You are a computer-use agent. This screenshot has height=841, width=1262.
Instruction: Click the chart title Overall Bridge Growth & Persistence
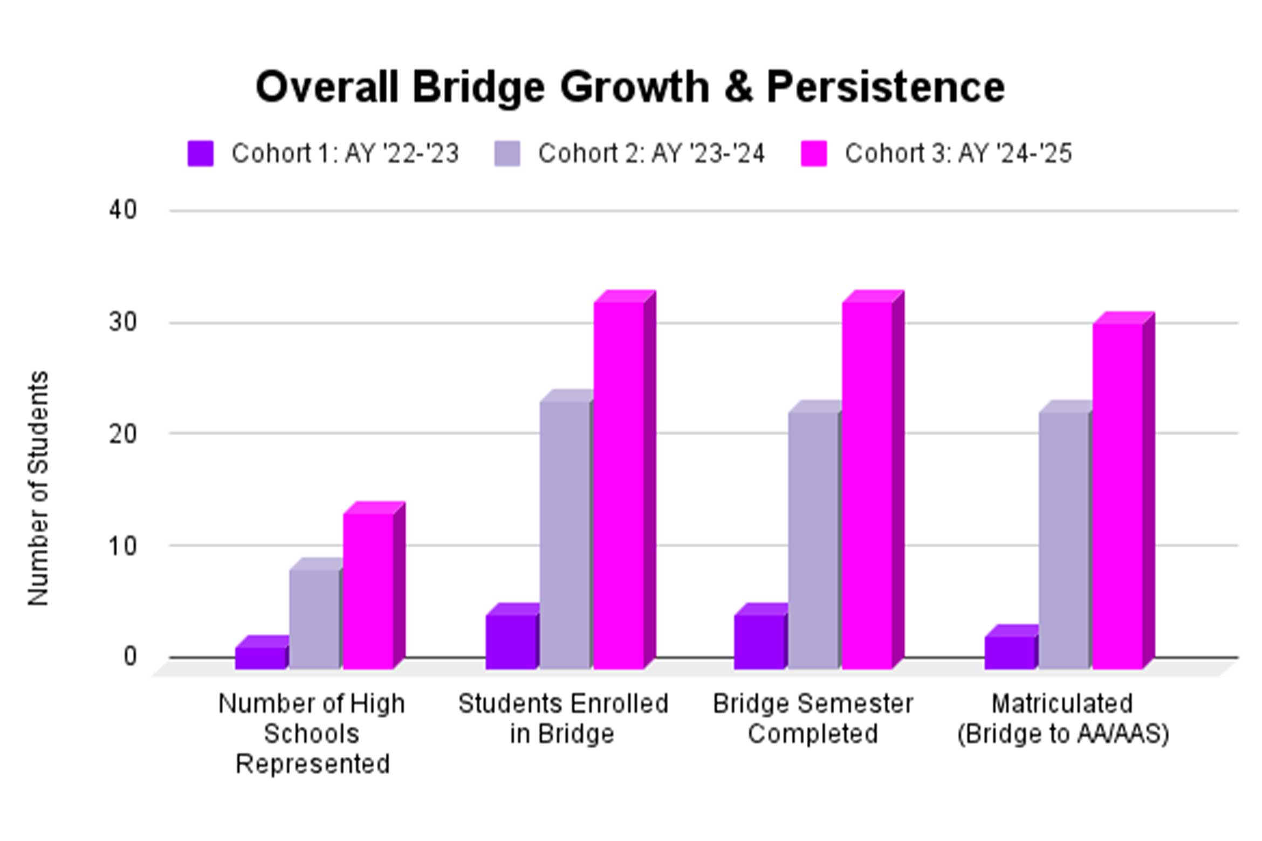pyautogui.click(x=630, y=87)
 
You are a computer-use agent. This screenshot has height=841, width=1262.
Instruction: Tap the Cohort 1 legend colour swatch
pyautogui.click(x=200, y=154)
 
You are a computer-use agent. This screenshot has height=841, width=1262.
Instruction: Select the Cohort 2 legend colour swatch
pyautogui.click(x=507, y=154)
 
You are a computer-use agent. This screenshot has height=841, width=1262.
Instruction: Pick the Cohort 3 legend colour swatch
pyautogui.click(x=813, y=154)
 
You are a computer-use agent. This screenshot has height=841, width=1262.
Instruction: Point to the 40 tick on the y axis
pyautogui.click(x=123, y=210)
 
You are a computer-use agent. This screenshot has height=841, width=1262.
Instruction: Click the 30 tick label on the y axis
pyautogui.click(x=123, y=322)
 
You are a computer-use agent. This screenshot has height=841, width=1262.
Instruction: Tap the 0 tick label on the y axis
pyautogui.click(x=130, y=657)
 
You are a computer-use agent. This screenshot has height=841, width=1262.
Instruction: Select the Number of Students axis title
pyautogui.click(x=38, y=488)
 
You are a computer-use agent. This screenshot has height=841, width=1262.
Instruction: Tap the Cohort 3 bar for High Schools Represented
pyautogui.click(x=368, y=591)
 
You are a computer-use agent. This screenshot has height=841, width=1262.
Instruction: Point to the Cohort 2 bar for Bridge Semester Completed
pyautogui.click(x=813, y=540)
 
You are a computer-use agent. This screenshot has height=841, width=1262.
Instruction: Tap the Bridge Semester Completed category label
pyautogui.click(x=813, y=719)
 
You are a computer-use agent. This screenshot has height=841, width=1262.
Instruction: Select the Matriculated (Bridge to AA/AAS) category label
pyautogui.click(x=1063, y=719)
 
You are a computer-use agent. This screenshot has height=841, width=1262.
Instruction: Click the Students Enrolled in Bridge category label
pyautogui.click(x=563, y=719)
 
